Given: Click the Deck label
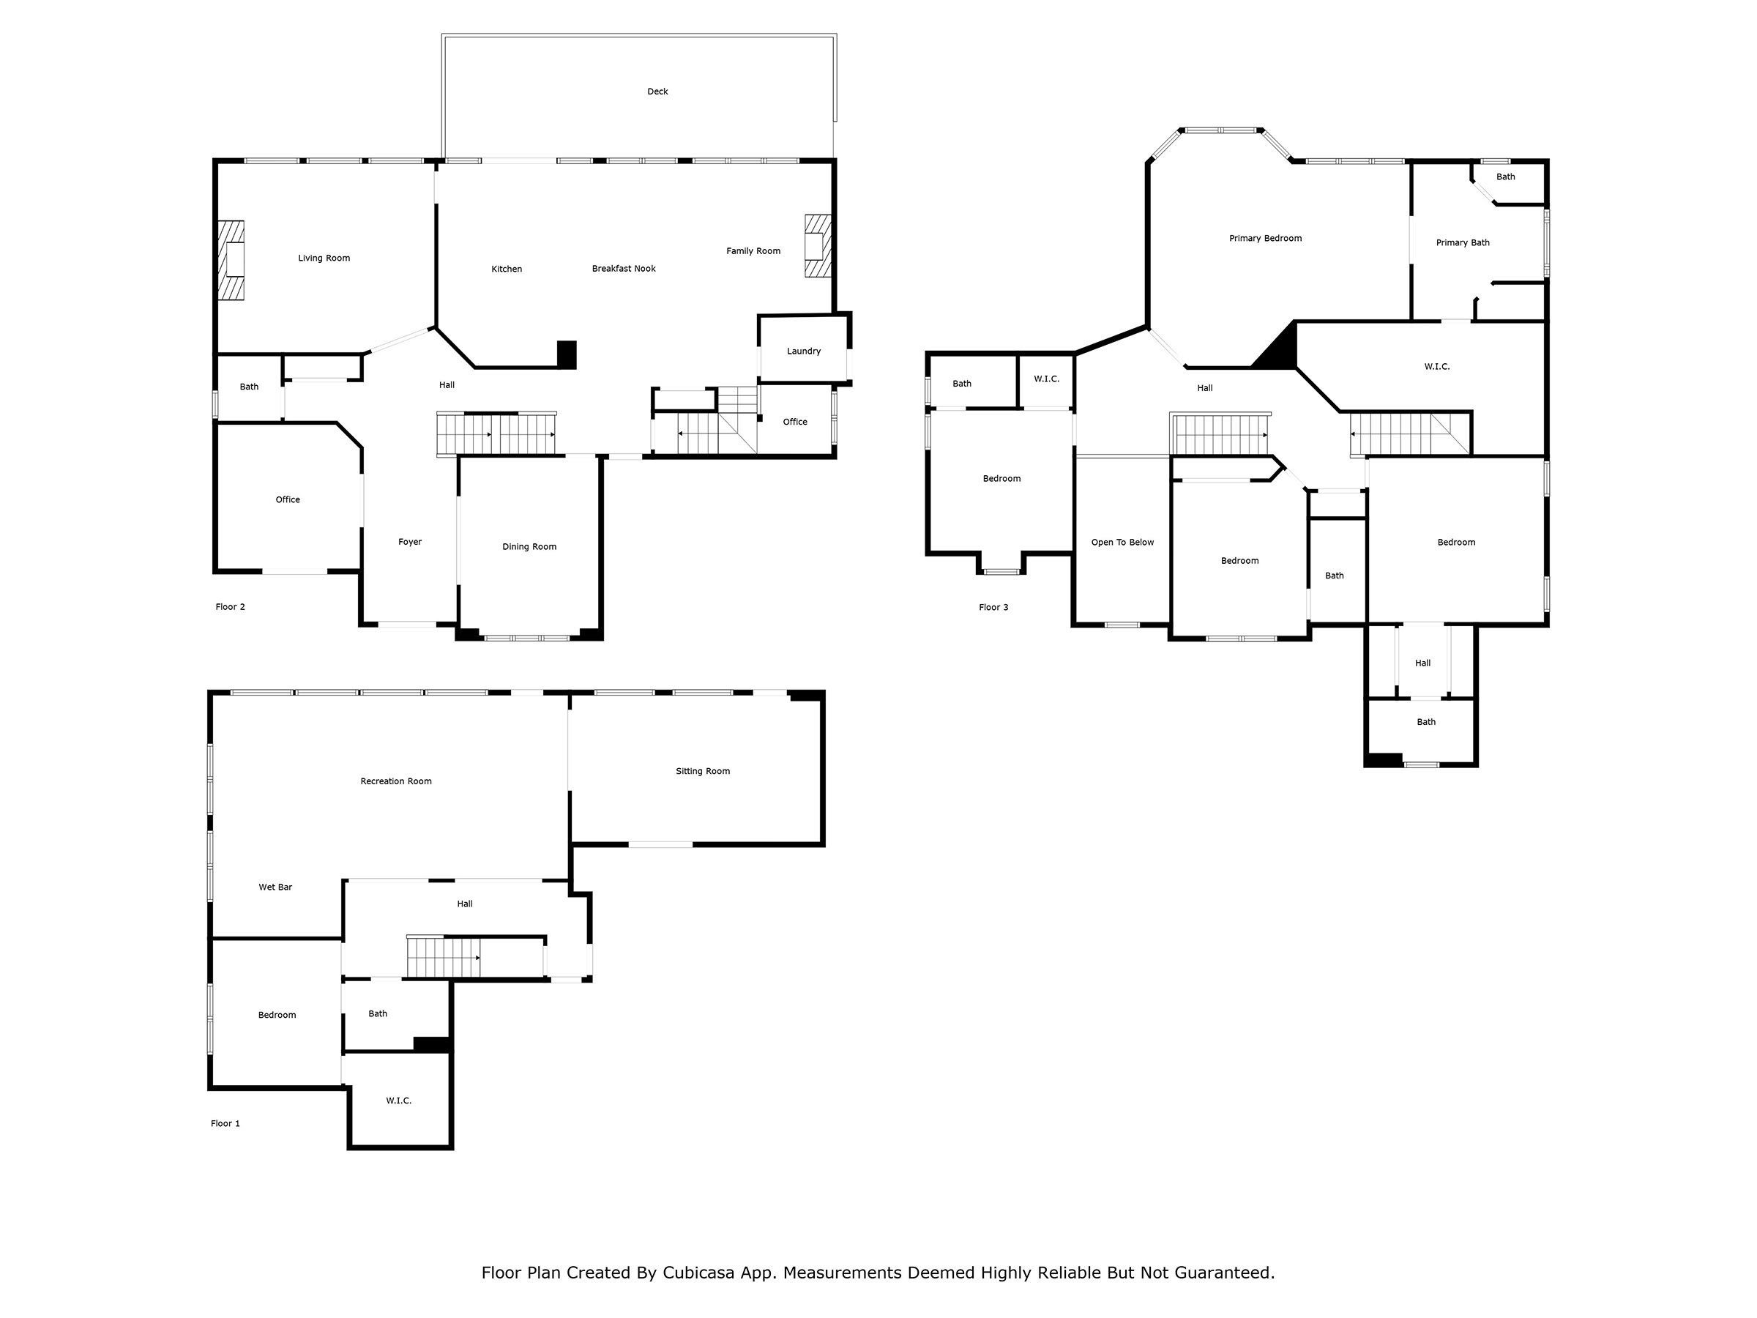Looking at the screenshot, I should [657, 92].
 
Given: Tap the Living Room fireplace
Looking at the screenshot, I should [232, 260].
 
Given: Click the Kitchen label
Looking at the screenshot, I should [506, 269].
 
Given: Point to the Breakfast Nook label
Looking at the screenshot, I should [624, 269].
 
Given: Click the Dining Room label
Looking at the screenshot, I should [529, 546].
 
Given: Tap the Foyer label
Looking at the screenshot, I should [410, 542].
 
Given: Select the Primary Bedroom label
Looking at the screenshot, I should [1264, 238].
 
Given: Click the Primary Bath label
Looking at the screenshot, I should [1461, 243].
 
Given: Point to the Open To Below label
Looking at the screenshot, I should [1122, 543].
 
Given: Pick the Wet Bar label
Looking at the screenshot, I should [275, 887].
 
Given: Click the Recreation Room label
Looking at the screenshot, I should [395, 782].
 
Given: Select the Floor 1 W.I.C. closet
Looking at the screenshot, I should [399, 1101].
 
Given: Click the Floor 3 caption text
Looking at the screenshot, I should [993, 608].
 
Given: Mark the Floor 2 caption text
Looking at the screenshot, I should [230, 607].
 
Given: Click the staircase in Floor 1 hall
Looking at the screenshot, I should [443, 957].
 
